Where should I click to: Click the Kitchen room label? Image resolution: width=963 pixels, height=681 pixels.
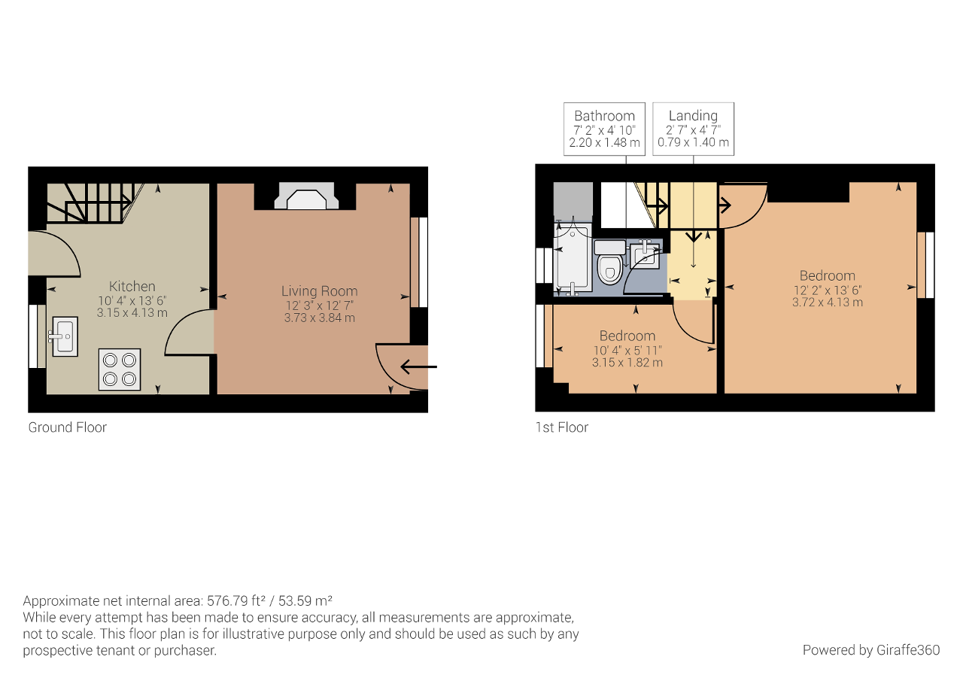pyautogui.click(x=132, y=287)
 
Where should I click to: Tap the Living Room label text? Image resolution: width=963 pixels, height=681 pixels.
pyautogui.click(x=320, y=291)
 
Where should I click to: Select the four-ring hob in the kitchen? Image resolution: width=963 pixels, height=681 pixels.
pyautogui.click(x=120, y=369)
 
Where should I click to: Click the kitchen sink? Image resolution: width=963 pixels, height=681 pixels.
pyautogui.click(x=65, y=336)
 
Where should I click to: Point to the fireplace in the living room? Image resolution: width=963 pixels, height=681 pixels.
pyautogui.click(x=306, y=196)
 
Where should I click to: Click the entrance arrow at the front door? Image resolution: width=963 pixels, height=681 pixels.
pyautogui.click(x=419, y=366)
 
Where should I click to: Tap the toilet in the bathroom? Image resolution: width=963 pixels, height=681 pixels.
pyautogui.click(x=609, y=262)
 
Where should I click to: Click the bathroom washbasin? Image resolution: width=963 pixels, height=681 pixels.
pyautogui.click(x=645, y=254)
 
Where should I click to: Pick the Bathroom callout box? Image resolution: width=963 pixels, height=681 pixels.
pyautogui.click(x=604, y=129)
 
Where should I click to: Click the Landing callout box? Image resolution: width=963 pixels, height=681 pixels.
pyautogui.click(x=693, y=129)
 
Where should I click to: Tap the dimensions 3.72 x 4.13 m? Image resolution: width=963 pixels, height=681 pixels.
pyautogui.click(x=828, y=302)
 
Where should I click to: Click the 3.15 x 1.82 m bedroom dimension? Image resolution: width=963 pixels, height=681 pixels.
pyautogui.click(x=627, y=363)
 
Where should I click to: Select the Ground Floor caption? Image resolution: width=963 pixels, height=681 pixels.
pyautogui.click(x=68, y=427)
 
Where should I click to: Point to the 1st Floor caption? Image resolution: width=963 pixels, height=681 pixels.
pyautogui.click(x=561, y=427)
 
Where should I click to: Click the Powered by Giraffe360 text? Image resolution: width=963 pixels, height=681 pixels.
pyautogui.click(x=871, y=650)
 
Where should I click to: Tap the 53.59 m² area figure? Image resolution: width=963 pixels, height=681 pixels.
pyautogui.click(x=305, y=600)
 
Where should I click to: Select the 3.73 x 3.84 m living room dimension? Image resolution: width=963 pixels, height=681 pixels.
pyautogui.click(x=320, y=318)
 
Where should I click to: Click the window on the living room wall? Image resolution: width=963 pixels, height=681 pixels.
pyautogui.click(x=419, y=263)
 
